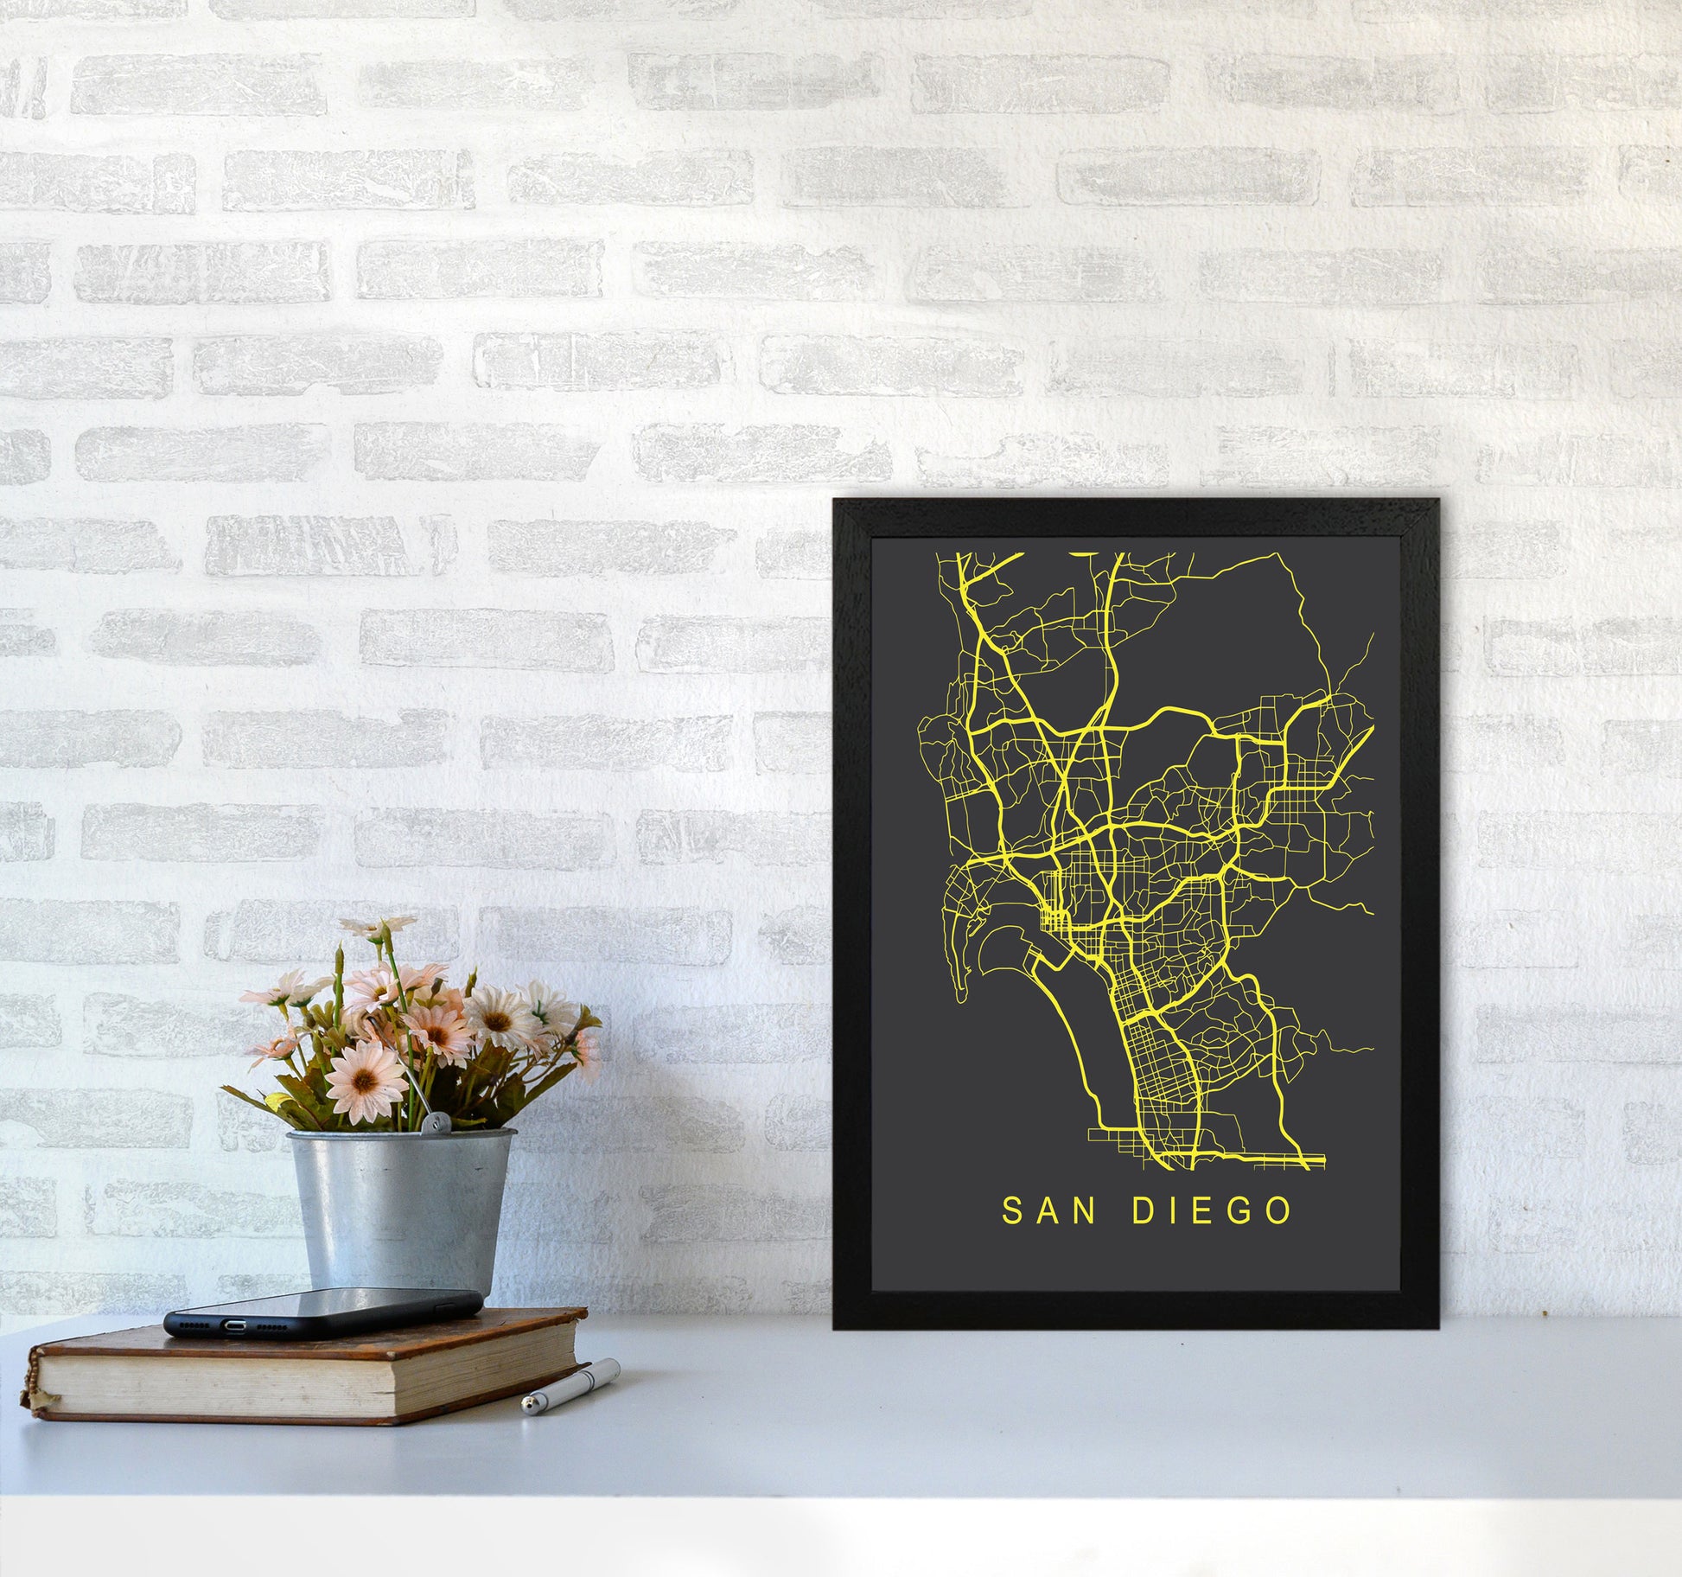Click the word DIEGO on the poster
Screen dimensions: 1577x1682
(1212, 1211)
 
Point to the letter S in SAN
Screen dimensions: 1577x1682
(1010, 1211)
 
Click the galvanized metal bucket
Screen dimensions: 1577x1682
(399, 1210)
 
